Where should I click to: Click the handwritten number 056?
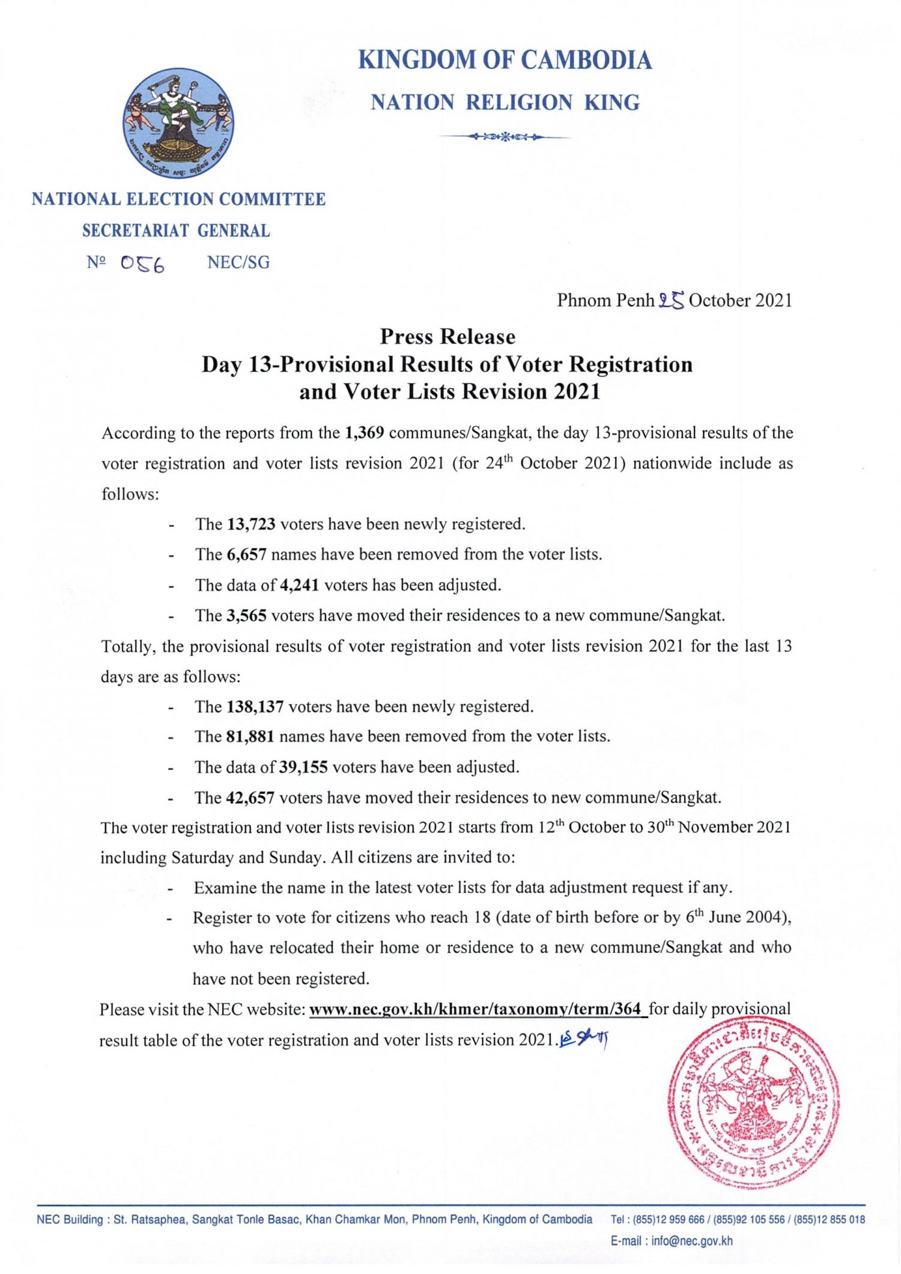(142, 264)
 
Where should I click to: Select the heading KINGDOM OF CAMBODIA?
(505, 61)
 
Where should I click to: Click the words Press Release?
(447, 336)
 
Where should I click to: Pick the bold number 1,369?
(365, 433)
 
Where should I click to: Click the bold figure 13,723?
(251, 524)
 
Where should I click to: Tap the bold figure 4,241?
(299, 585)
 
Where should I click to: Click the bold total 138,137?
(255, 706)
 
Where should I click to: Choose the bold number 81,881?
(250, 736)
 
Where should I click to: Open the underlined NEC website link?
(478, 1009)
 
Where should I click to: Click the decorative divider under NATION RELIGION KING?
(505, 137)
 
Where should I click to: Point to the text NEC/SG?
(238, 262)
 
